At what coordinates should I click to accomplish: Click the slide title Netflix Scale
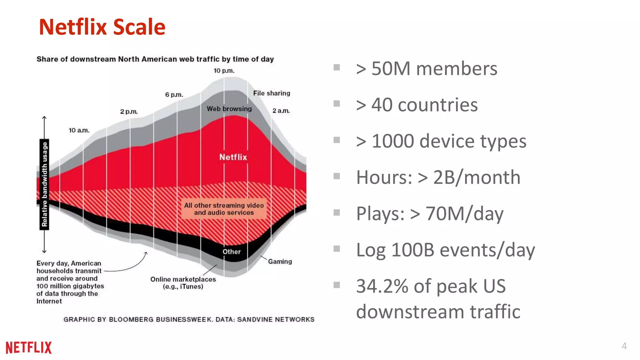[102, 27]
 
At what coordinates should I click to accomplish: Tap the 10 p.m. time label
[224, 71]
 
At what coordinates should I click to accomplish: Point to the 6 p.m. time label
[174, 95]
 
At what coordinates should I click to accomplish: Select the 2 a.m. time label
[281, 111]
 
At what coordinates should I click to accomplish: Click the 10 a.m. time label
[79, 130]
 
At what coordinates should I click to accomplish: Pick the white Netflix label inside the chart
[233, 157]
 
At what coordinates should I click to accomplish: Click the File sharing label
[272, 93]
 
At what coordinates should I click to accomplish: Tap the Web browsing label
[229, 109]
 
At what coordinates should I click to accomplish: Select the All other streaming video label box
[224, 209]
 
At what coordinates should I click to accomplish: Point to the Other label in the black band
[232, 252]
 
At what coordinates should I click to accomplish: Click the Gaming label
[280, 262]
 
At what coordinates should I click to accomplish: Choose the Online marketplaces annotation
[183, 283]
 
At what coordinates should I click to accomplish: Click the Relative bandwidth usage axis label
[44, 184]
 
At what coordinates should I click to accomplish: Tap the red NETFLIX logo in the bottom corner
[28, 347]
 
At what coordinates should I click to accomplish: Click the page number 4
[624, 346]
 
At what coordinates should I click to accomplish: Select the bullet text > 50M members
[426, 69]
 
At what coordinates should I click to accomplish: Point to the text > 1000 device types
[441, 141]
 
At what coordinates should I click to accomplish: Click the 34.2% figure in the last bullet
[382, 286]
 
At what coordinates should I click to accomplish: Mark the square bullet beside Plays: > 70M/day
[337, 213]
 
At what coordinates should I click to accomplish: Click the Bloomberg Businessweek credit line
[189, 319]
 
